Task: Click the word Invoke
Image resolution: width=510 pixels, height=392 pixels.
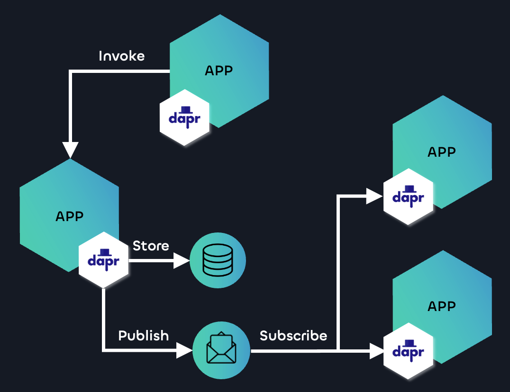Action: click(x=121, y=56)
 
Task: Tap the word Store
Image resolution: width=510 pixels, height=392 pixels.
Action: click(x=151, y=246)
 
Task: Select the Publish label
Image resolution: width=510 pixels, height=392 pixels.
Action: click(x=143, y=336)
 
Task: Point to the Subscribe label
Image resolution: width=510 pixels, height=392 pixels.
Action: click(x=293, y=336)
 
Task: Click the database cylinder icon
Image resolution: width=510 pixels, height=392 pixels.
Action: click(x=218, y=260)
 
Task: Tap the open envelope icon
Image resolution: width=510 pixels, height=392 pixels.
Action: click(x=221, y=351)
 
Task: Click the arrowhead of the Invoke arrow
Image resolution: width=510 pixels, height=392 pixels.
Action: click(x=70, y=150)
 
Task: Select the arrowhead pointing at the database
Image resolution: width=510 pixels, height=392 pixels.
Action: click(x=181, y=260)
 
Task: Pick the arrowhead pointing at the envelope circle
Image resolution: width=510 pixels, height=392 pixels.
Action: click(x=184, y=351)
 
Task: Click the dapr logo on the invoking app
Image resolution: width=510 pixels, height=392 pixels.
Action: click(x=185, y=117)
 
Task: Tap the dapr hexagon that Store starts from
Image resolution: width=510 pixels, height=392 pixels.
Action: click(x=104, y=260)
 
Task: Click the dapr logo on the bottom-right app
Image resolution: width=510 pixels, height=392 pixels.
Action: click(x=408, y=351)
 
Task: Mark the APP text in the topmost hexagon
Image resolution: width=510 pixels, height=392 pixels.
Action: click(x=219, y=71)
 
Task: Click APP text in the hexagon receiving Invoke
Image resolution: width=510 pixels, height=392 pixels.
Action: click(x=69, y=216)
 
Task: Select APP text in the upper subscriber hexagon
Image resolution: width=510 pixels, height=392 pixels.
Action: click(x=441, y=152)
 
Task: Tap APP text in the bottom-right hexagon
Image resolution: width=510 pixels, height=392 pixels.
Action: click(x=441, y=306)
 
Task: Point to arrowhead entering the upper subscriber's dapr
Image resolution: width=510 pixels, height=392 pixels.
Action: click(x=374, y=196)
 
